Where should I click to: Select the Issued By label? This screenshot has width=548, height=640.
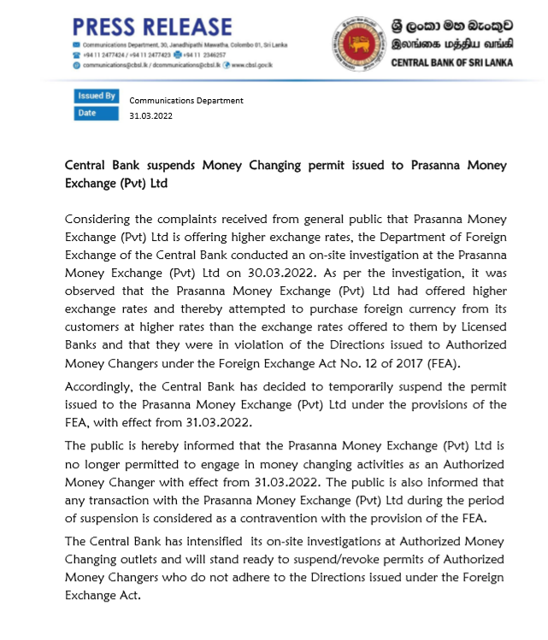[x=97, y=97]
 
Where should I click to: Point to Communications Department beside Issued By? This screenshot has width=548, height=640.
[x=186, y=100]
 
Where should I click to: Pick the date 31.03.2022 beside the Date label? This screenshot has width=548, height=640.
[x=150, y=115]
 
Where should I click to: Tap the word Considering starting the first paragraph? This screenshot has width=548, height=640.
[x=103, y=220]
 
